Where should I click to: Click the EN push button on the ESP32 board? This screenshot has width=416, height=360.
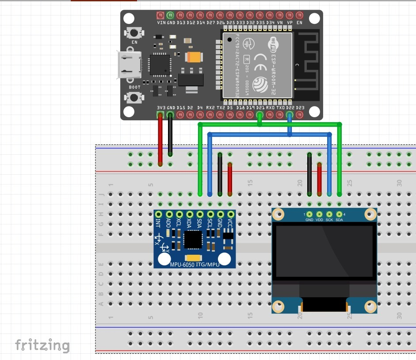[x=134, y=33]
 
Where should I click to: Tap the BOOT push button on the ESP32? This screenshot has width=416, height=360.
[x=134, y=97]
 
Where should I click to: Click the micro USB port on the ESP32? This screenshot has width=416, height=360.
[x=128, y=65]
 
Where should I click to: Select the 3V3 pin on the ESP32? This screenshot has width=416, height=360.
[x=160, y=115]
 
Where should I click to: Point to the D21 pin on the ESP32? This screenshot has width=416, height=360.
[x=260, y=115]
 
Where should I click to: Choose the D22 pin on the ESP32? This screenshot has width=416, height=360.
[x=290, y=115]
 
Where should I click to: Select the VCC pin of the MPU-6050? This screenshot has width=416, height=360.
[x=230, y=214]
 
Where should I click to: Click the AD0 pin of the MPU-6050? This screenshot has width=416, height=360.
[x=168, y=214]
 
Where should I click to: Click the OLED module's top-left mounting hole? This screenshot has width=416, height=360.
[x=279, y=215]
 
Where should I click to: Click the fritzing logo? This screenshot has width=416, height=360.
[x=42, y=345]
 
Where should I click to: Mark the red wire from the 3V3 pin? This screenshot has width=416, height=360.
[x=160, y=139]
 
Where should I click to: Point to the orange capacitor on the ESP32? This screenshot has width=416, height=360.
[x=194, y=57]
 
